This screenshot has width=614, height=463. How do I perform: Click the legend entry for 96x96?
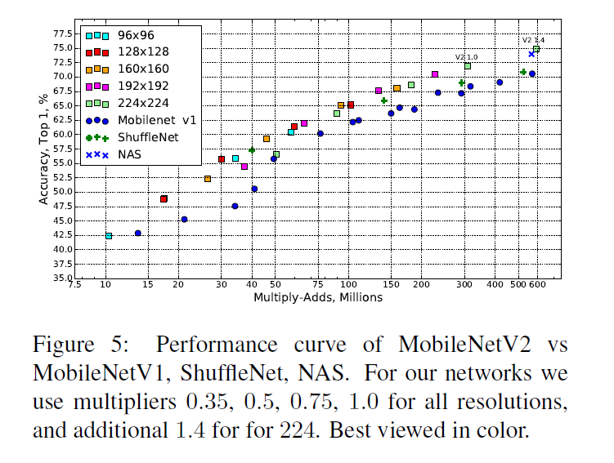pyautogui.click(x=136, y=36)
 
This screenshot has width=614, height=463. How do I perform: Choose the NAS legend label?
pyautogui.click(x=129, y=154)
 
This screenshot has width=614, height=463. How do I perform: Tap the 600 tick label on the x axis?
pyautogui.click(x=536, y=286)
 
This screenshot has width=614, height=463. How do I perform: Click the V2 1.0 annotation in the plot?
pyautogui.click(x=466, y=56)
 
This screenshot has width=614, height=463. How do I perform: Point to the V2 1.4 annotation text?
pyautogui.click(x=533, y=40)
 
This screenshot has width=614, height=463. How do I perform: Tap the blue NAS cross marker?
pyautogui.click(x=531, y=54)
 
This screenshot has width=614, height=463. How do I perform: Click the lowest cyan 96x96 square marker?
pyautogui.click(x=109, y=235)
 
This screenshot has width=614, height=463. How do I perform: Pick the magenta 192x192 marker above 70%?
pyautogui.click(x=435, y=74)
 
